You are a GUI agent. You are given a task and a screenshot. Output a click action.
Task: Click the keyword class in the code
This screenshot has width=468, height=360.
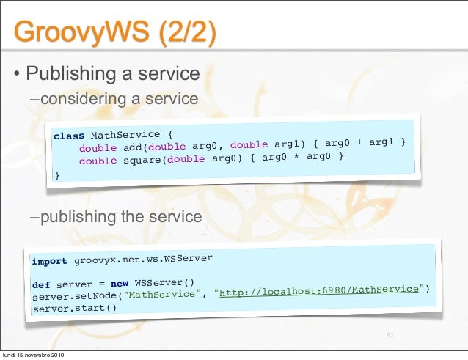69,136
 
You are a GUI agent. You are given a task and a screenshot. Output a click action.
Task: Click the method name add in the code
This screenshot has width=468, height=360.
133,147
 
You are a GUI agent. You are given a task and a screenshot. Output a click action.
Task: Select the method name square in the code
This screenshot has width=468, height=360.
142,160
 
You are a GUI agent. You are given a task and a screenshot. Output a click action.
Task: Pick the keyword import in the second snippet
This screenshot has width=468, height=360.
49,261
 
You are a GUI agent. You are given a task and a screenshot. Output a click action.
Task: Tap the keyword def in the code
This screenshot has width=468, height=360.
40,284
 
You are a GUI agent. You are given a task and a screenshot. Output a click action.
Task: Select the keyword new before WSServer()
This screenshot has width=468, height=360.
120,283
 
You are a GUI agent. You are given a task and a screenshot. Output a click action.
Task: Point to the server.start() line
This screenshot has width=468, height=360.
75,308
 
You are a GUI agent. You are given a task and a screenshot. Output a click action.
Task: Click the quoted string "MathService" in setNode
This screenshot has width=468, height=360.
164,295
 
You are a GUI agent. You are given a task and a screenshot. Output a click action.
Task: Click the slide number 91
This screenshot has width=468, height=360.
390,336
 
